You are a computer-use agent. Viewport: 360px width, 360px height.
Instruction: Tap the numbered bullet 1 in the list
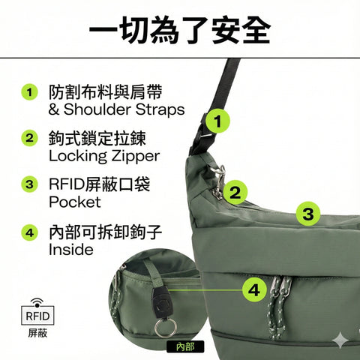pyautogui.click(x=29, y=92)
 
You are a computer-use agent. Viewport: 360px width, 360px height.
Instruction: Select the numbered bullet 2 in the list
pyautogui.click(x=29, y=138)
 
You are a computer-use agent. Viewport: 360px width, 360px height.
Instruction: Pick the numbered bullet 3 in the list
pyautogui.click(x=29, y=184)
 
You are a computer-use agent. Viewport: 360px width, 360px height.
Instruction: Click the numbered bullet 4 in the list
pyautogui.click(x=29, y=232)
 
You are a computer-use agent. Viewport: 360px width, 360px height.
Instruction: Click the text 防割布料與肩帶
pyautogui.click(x=97, y=92)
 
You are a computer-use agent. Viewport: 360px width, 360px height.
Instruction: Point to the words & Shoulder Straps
pyautogui.click(x=115, y=110)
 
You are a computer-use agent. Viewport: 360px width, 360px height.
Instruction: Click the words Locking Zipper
pyautogui.click(x=103, y=156)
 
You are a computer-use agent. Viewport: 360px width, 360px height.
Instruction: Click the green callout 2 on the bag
pyautogui.click(x=235, y=193)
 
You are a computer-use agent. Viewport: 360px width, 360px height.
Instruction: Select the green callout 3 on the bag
pyautogui.click(x=307, y=214)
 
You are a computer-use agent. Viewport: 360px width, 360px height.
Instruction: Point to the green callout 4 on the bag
pyautogui.click(x=255, y=288)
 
